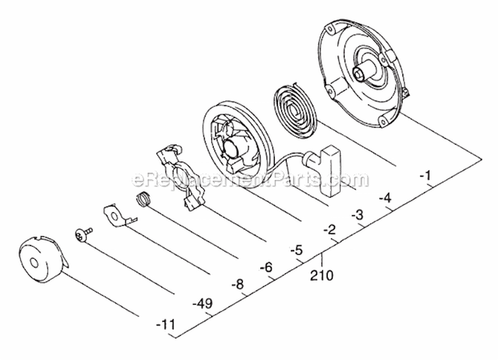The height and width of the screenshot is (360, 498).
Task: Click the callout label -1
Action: click(x=426, y=176)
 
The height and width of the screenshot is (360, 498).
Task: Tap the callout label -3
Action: click(x=357, y=214)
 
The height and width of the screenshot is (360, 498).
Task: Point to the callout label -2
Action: click(x=328, y=230)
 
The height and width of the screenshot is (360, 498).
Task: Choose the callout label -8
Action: click(x=237, y=285)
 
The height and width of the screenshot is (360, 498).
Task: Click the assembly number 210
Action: click(x=321, y=274)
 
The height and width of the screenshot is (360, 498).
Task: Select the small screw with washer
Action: click(x=82, y=233)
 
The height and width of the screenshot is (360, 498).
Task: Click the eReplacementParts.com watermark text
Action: click(x=250, y=179)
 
